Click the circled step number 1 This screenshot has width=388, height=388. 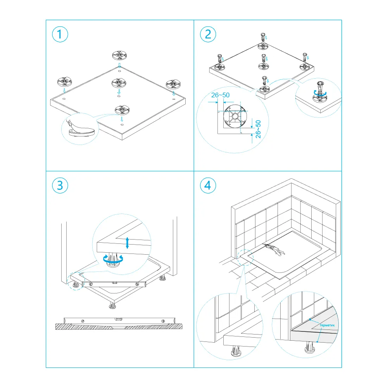pyautogui.click(x=60, y=34)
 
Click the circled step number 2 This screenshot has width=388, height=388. pyautogui.click(x=208, y=34)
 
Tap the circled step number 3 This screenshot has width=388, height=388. pyautogui.click(x=60, y=185)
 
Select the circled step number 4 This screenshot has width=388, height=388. pyautogui.click(x=208, y=185)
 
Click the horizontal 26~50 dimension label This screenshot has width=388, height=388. pyautogui.click(x=220, y=95)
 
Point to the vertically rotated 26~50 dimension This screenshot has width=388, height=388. pyautogui.click(x=258, y=129)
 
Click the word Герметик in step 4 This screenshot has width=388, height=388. pyautogui.click(x=327, y=325)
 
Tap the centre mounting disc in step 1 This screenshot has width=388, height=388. pyautogui.click(x=119, y=83)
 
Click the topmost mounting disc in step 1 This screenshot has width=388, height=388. pyautogui.click(x=119, y=55)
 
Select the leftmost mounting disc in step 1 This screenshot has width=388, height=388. pyautogui.click(x=65, y=82)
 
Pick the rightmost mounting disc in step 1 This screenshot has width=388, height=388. pyautogui.click(x=173, y=84)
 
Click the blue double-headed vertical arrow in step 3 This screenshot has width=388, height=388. pyautogui.click(x=127, y=243)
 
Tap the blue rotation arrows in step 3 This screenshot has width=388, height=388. pyautogui.click(x=113, y=259)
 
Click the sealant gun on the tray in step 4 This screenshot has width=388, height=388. pyautogui.click(x=274, y=250)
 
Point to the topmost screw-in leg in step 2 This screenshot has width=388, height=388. pyautogui.click(x=263, y=37)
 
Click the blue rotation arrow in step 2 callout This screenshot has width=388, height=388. pyautogui.click(x=321, y=93)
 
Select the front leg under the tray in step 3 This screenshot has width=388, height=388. pyautogui.click(x=112, y=305)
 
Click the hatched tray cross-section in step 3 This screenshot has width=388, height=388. pyautogui.click(x=119, y=326)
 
